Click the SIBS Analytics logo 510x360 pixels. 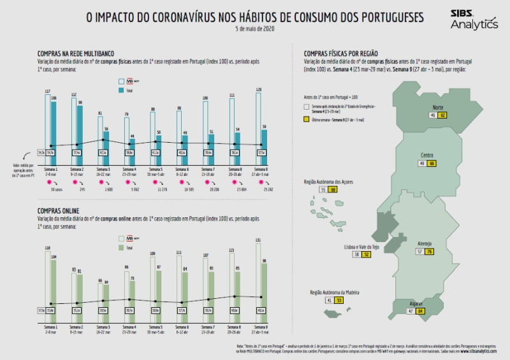(474, 20)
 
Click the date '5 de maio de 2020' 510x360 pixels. (254, 29)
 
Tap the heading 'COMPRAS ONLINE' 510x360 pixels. (58, 210)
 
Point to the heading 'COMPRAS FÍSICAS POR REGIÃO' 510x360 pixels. (341, 55)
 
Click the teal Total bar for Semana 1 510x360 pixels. (54, 131)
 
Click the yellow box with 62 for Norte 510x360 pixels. (442, 115)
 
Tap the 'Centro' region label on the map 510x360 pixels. (428, 155)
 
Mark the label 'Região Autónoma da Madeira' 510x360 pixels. (335, 292)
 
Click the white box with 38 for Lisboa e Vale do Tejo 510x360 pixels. (357, 254)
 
